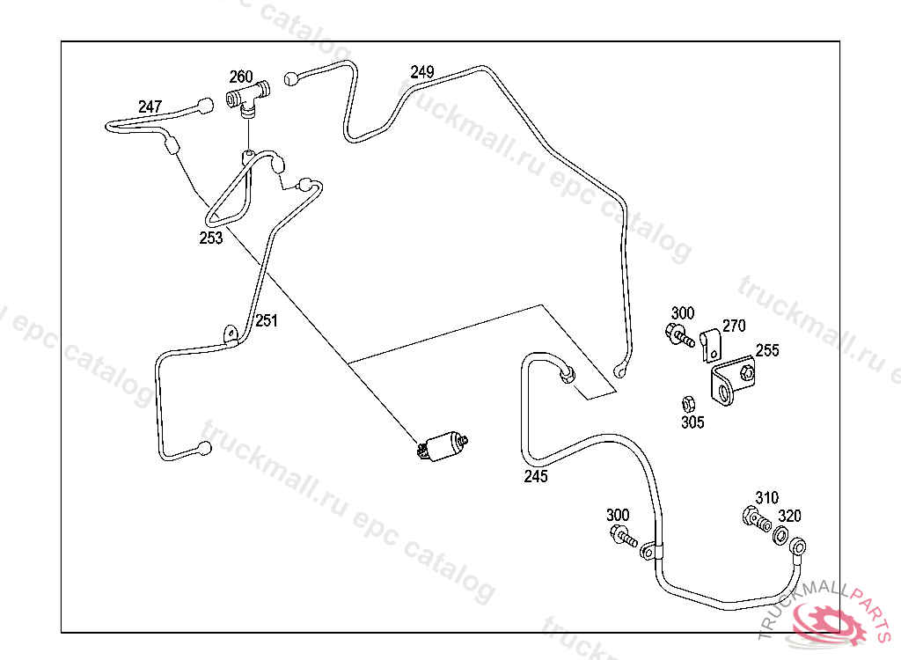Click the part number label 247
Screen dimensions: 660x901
(150, 107)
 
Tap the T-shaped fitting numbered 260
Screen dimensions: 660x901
(247, 98)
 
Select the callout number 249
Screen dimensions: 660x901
(422, 72)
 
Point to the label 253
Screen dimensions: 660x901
(211, 238)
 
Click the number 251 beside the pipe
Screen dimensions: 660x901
(266, 321)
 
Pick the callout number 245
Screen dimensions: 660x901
(536, 477)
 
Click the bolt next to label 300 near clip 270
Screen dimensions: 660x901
(678, 334)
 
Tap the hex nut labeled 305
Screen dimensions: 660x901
(689, 404)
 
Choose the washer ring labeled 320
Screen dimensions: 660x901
(780, 536)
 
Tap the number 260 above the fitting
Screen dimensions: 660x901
(241, 77)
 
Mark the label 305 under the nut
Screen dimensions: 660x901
(692, 422)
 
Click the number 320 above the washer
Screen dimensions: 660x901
(789, 517)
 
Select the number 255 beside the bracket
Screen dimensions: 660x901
(766, 350)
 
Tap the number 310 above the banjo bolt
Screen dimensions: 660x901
(766, 498)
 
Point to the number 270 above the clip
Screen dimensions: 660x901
(734, 326)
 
